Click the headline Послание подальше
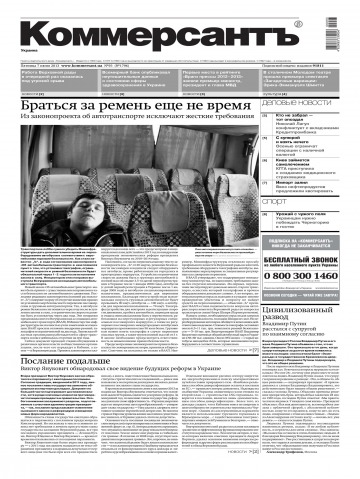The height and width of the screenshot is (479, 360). pos(60,343)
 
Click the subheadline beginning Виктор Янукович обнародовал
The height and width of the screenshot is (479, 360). pos(120,356)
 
